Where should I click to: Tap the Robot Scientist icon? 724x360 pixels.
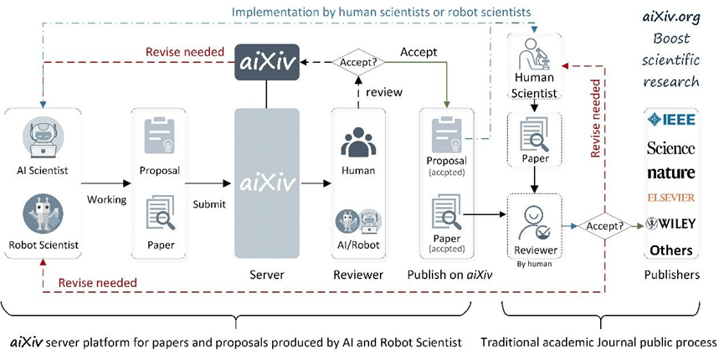tap(44, 213)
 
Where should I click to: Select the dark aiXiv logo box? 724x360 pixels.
tap(267, 63)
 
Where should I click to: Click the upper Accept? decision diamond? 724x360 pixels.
tap(359, 63)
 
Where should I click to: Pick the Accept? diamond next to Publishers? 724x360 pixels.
tap(604, 226)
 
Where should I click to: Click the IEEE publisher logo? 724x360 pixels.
tap(671, 121)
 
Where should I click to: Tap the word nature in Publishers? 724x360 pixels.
tap(671, 172)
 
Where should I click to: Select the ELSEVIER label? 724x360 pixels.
tap(671, 198)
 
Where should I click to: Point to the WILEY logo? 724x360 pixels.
tap(671, 224)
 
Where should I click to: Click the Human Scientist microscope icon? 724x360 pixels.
tap(534, 54)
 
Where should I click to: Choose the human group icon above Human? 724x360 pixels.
tap(358, 141)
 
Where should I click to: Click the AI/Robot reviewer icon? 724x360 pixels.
tap(358, 221)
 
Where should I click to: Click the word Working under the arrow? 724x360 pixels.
tap(106, 199)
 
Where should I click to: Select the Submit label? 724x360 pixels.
tap(209, 203)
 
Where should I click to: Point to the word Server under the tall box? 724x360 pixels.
tap(266, 275)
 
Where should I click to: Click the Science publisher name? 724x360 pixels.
tap(671, 148)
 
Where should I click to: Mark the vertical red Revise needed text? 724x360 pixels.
tap(596, 118)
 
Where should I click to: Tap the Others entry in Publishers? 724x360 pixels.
tap(671, 250)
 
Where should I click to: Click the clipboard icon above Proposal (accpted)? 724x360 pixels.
tap(446, 135)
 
